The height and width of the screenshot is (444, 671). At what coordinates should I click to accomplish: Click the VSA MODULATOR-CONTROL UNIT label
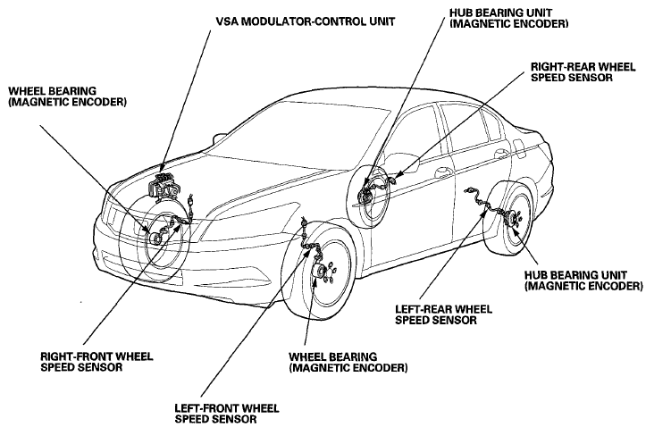coord(305,21)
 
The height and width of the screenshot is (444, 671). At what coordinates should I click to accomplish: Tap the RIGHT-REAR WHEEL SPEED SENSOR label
coord(583,71)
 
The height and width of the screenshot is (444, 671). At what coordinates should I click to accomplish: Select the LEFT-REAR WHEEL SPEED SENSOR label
coord(443,314)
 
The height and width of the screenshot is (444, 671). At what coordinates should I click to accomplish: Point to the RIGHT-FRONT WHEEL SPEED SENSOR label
coord(96,362)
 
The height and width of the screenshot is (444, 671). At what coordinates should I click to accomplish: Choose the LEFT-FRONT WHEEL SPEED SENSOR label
coord(227,414)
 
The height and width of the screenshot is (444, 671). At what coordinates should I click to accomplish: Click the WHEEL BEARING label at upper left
coord(67,96)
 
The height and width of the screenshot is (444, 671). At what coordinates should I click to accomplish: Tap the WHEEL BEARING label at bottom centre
coord(348,362)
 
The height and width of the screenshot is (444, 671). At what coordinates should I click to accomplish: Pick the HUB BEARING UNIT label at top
coord(508,18)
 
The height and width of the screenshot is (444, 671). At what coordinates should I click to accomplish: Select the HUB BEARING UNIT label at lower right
coord(583,281)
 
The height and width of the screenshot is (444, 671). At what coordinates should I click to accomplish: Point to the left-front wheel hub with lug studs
coord(323,272)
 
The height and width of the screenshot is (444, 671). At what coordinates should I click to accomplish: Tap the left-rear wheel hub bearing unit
coord(512,220)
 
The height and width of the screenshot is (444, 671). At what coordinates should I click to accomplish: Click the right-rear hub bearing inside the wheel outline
coord(365,196)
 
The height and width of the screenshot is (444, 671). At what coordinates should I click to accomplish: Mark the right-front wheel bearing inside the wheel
coord(155,237)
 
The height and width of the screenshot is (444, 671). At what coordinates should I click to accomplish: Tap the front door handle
coord(443,172)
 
